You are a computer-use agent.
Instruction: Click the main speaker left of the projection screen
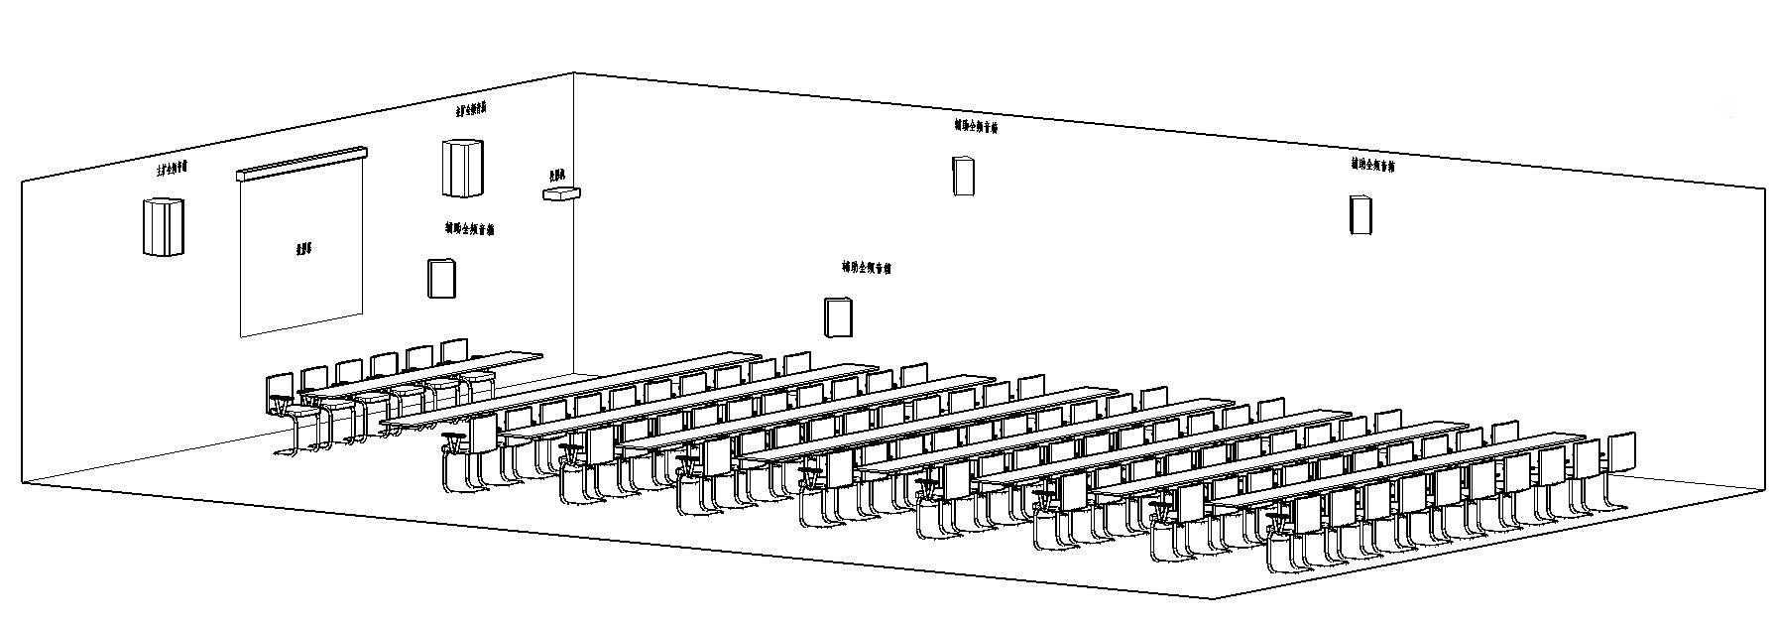coord(164,226)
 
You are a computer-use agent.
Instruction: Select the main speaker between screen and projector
coord(463,168)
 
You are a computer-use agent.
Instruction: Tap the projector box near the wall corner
coord(560,192)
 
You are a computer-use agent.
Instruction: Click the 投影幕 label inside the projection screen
coord(302,249)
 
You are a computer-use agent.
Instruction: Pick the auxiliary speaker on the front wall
coord(440,278)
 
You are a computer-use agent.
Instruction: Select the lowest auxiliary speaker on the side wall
coord(839,316)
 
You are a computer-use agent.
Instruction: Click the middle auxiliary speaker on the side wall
coord(962,176)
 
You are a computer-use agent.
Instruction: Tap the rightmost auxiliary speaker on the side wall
coord(1360,214)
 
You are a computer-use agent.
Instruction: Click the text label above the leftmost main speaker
coord(171,169)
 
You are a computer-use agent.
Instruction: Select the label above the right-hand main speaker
coord(470,109)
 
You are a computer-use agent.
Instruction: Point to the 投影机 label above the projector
coord(556,175)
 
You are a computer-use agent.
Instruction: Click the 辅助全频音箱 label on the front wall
coord(469,229)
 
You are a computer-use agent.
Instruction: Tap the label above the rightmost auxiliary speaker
coord(1372,165)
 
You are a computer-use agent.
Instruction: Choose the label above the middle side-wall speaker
coord(976,126)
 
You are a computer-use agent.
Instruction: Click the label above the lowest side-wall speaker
coord(866,268)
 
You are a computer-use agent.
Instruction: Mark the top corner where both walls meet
coord(575,72)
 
